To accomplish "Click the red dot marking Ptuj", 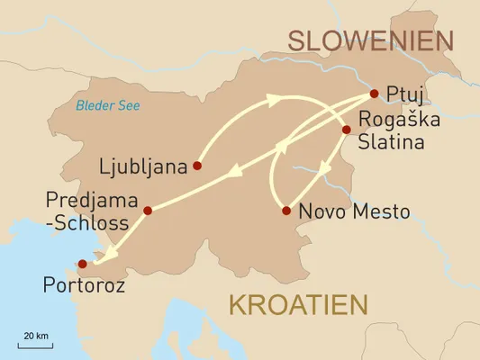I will pos(373,93).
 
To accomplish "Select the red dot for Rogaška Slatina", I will pos(345,130).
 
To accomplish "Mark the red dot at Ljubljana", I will pos(196,166).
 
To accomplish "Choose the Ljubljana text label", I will pos(145,166).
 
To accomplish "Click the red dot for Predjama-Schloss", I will pos(148,211).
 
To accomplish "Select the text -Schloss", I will pos(90,222).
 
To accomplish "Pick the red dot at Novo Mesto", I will pos(285,211).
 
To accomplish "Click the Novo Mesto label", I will pos(354,212).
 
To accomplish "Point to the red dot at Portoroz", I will pos(82,264).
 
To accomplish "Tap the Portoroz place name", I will pos(83,286).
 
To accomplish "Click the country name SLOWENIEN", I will pos(368,40).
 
